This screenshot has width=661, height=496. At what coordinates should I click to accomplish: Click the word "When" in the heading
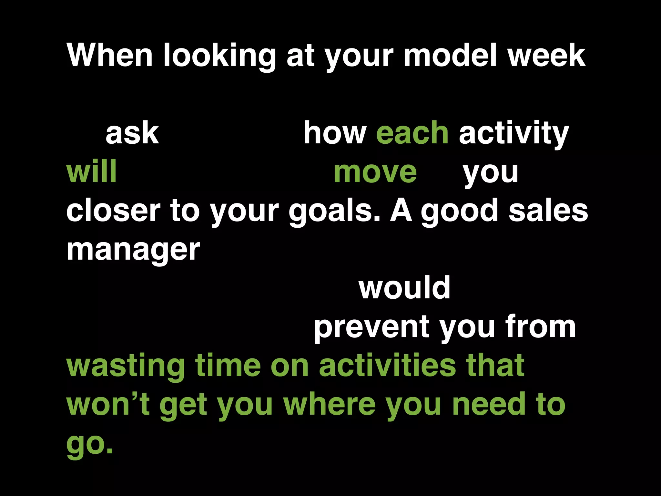pyautogui.click(x=109, y=55)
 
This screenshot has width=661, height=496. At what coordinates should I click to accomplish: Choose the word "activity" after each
pyautogui.click(x=514, y=134)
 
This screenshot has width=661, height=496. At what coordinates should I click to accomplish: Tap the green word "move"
pyautogui.click(x=375, y=172)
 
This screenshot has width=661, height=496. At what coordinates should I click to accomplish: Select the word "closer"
pyautogui.click(x=113, y=211)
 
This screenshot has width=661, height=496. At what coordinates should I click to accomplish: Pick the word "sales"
pyautogui.click(x=548, y=211)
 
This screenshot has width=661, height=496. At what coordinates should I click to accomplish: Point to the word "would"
pyautogui.click(x=404, y=288)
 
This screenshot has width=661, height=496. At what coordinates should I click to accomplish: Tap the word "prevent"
pyautogui.click(x=371, y=327)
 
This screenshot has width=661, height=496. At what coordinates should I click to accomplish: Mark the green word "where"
pyautogui.click(x=329, y=404)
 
